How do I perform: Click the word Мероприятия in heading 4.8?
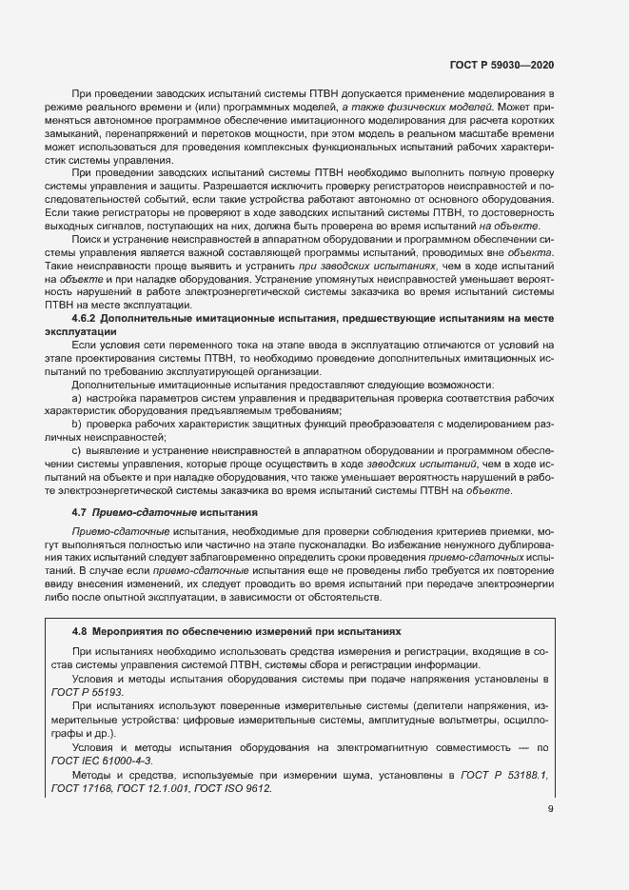[135, 630]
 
